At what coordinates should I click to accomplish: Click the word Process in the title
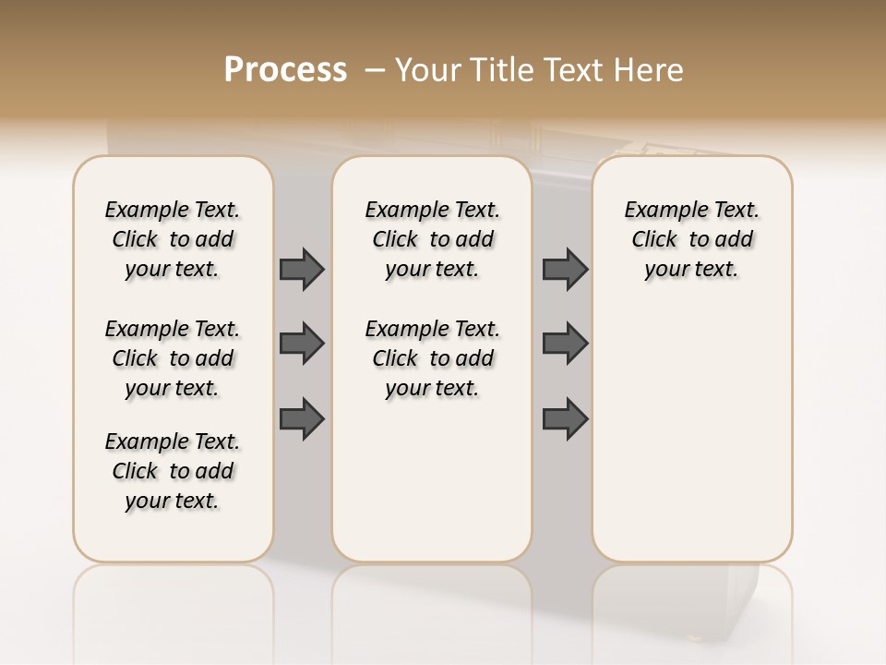(285, 70)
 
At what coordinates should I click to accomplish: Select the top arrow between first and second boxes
(302, 269)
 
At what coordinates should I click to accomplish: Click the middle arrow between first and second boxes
(302, 344)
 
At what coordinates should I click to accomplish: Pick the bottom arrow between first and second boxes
(302, 418)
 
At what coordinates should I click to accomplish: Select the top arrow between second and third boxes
(565, 269)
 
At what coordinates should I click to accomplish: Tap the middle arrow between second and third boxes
(565, 344)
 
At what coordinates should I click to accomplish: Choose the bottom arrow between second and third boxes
(565, 418)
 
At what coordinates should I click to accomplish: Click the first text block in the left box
(173, 239)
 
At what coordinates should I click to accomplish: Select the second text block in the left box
(173, 358)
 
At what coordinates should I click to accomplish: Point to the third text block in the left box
(173, 471)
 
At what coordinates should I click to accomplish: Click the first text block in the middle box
(432, 239)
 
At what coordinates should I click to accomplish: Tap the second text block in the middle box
(432, 358)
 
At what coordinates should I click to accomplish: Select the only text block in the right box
(691, 239)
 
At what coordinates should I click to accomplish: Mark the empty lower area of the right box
(691, 434)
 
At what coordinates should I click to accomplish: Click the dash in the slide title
(375, 70)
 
